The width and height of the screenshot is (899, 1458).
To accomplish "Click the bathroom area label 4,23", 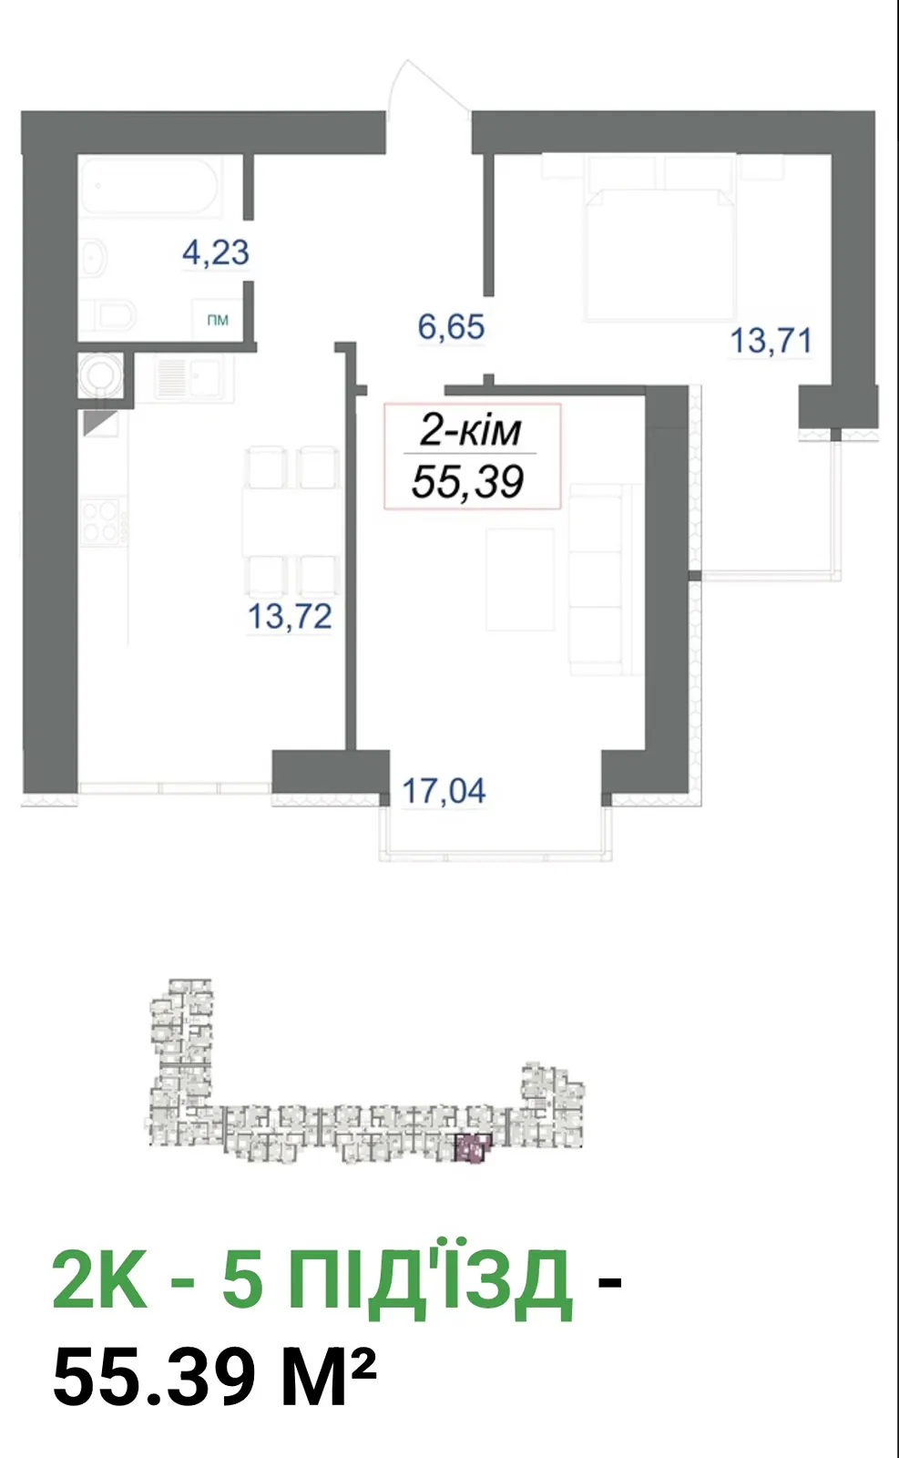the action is point(215,252).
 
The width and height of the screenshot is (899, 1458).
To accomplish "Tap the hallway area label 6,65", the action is point(451,327).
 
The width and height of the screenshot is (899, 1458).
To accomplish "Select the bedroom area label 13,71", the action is point(771,341).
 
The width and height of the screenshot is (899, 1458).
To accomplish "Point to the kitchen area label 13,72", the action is point(291,616).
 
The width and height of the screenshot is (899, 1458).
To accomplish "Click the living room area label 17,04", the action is point(444,791).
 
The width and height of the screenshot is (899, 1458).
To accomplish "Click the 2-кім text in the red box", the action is point(470,431).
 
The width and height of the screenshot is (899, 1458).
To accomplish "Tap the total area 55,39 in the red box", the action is point(467,482).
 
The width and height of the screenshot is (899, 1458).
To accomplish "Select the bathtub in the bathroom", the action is point(151,186).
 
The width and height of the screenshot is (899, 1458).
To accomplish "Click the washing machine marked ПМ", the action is point(218,320).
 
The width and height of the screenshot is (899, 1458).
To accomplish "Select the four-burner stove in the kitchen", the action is point(101,520).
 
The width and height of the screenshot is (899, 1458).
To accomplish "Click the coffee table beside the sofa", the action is point(520,580).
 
